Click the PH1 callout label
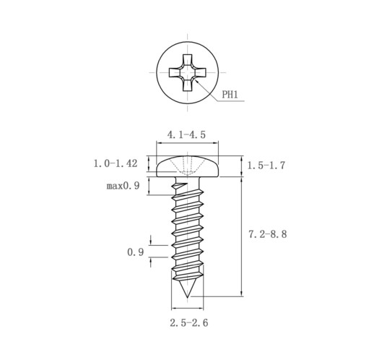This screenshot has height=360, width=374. pyautogui.click(x=230, y=95)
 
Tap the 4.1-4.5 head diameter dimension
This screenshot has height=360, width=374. pyautogui.click(x=186, y=134)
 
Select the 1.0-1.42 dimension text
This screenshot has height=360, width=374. pyautogui.click(x=116, y=163)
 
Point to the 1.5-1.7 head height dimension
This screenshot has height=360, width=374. pyautogui.click(x=266, y=166)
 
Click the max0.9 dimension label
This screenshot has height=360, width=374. pyautogui.click(x=123, y=186)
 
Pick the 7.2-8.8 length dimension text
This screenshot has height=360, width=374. pyautogui.click(x=268, y=234)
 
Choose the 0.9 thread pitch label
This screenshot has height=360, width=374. pyautogui.click(x=135, y=252)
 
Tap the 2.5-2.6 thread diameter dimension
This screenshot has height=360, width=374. pyautogui.click(x=189, y=322)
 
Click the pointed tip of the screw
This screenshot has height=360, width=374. pyautogui.click(x=187, y=296)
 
